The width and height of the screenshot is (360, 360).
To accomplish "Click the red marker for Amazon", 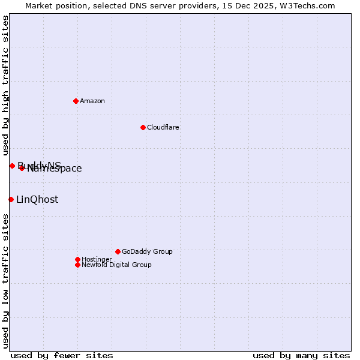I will pos(76,101).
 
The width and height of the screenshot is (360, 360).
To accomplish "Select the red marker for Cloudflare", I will pos(143,127).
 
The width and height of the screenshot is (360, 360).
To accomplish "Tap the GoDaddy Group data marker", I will pos(118,251).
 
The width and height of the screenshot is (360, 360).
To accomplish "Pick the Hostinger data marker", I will pos(77,259).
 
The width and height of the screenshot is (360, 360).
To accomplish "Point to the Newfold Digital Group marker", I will pos(77,265).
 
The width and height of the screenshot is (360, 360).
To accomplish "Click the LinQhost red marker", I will pos(11,199).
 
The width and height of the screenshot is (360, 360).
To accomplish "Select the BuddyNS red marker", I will pos(12,166).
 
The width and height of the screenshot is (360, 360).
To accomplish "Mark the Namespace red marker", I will pos(22,168).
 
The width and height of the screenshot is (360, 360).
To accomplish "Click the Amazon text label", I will pos(92,101).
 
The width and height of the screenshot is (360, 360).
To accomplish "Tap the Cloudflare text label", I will pos(163,127).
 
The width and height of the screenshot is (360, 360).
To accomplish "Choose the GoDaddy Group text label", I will pos(147,251).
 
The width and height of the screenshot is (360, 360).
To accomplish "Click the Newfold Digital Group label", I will pos(116,265).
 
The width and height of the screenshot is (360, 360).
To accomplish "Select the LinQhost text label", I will pos(37,200).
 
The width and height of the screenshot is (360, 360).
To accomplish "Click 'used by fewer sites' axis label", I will pos(62,356).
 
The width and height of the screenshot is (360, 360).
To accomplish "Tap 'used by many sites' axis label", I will pos(301,356).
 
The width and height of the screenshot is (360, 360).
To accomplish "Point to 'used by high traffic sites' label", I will pos(5,86).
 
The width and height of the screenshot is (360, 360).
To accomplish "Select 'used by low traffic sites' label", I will pos(5,281).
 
